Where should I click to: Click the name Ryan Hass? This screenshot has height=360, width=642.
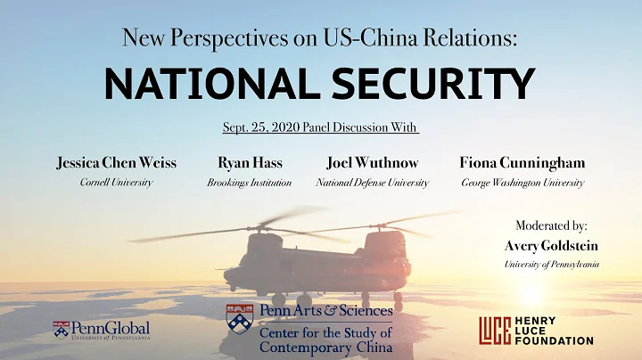click(243, 163)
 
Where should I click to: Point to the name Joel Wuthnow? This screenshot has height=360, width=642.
click(373, 163)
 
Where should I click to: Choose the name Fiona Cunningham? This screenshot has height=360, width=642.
click(522, 163)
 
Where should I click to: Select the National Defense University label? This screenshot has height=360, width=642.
click(373, 183)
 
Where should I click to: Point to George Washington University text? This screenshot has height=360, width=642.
click(522, 183)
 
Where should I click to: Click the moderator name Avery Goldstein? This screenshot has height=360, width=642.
click(551, 245)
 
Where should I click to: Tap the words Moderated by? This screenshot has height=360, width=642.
click(551, 225)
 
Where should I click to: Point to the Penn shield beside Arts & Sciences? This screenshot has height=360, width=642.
click(240, 316)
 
